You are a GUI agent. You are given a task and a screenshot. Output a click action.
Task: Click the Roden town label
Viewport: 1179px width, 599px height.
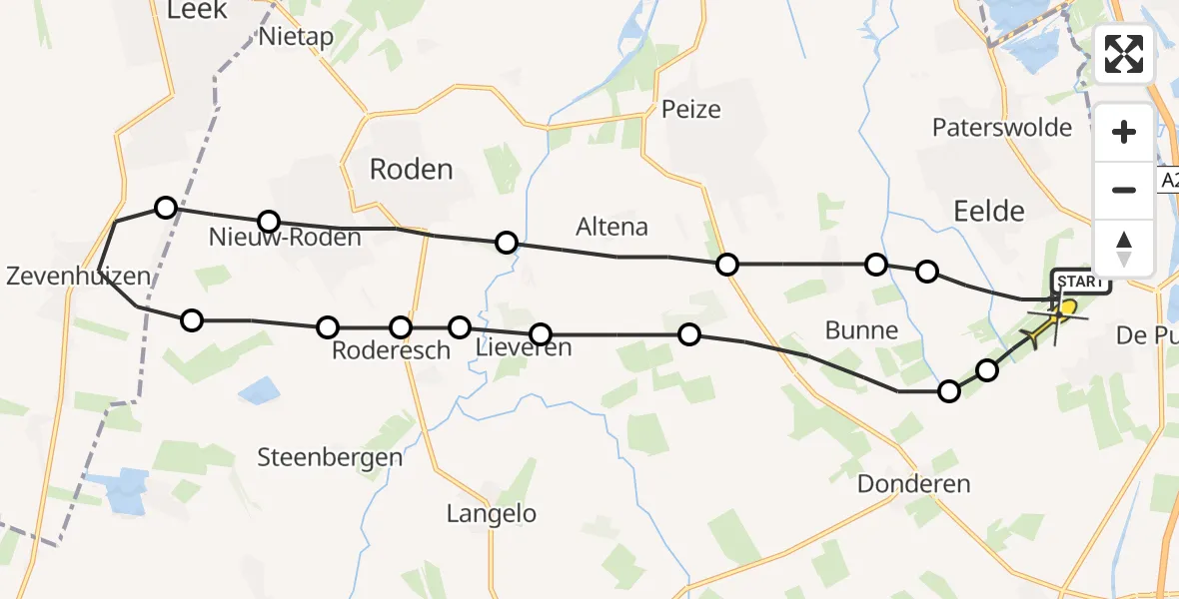tap(411, 170)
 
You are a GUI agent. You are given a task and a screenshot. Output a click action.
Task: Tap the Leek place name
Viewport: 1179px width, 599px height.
tap(198, 10)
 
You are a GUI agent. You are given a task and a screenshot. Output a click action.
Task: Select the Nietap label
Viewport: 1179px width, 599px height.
tap(295, 37)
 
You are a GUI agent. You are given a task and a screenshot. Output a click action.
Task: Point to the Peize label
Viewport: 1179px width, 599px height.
tap(690, 109)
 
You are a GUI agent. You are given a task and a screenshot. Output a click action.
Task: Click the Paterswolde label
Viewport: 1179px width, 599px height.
tap(1001, 128)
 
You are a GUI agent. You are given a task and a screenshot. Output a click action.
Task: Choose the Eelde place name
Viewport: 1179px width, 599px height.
tap(989, 211)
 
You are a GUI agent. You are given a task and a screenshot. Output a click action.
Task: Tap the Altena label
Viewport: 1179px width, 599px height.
tap(611, 227)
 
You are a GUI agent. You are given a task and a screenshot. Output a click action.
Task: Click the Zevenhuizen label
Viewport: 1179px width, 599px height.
tap(78, 277)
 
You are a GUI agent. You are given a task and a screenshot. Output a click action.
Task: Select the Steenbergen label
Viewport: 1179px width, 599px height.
tap(330, 458)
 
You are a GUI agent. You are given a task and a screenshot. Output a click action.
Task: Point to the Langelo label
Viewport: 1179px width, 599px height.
tap(491, 514)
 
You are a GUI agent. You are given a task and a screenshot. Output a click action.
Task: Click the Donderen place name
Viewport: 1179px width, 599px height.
tap(913, 484)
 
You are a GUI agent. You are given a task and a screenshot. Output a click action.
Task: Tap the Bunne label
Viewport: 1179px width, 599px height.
tap(862, 330)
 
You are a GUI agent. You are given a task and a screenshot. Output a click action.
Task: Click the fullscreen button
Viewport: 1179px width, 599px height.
tap(1124, 54)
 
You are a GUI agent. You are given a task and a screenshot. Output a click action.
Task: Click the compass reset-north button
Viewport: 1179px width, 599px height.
tap(1124, 249)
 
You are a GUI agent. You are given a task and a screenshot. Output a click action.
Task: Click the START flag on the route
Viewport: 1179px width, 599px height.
tap(1080, 282)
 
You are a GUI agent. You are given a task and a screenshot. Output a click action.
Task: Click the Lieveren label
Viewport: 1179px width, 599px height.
tap(524, 348)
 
